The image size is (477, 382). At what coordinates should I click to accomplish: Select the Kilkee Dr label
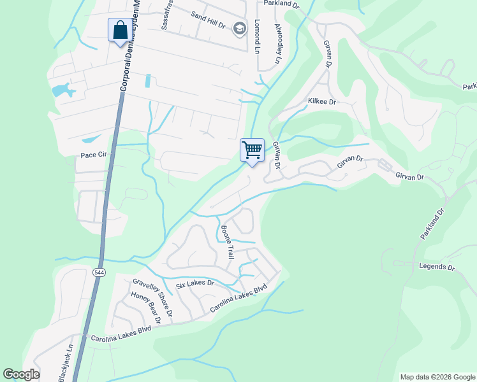click(x=321, y=101)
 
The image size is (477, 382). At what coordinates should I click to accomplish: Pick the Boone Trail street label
click(x=228, y=242)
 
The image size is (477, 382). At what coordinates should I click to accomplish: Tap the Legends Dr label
click(x=436, y=266)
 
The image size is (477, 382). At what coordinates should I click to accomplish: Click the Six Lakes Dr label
click(x=194, y=282)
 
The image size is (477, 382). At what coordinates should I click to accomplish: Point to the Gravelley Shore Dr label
click(x=153, y=296)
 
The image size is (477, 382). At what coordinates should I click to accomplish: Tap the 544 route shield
click(x=99, y=272)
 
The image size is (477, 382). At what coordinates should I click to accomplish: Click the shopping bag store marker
click(x=120, y=30)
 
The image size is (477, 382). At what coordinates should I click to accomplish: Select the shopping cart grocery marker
click(x=252, y=150)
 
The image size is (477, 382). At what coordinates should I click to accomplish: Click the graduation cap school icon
click(x=240, y=28)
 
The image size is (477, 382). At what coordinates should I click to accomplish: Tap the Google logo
click(x=21, y=374)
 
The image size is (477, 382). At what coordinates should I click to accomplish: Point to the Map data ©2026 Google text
click(x=437, y=377)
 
